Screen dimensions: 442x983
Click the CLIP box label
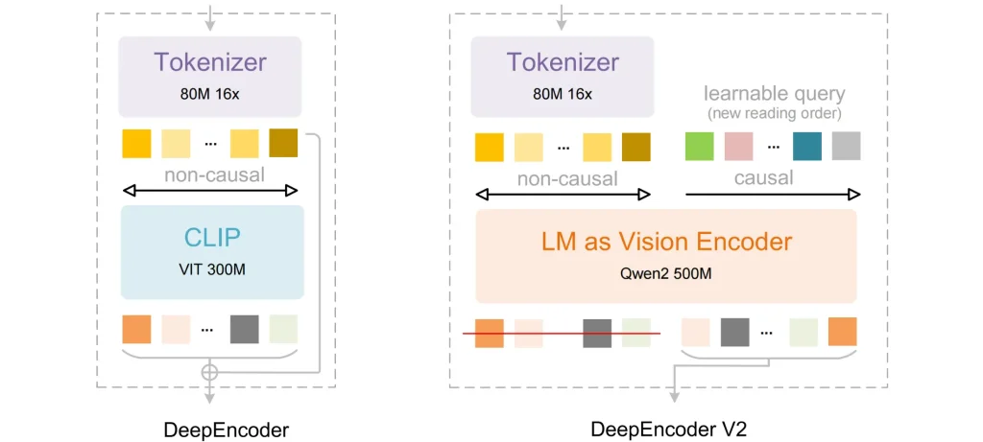pyautogui.click(x=212, y=237)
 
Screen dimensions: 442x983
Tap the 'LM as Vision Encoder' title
pyautogui.click(x=665, y=241)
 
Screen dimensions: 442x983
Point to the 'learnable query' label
pyautogui.click(x=773, y=94)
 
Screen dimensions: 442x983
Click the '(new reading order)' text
pyautogui.click(x=773, y=113)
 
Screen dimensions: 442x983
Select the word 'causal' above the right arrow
pyautogui.click(x=763, y=177)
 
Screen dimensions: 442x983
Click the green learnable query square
pyautogui.click(x=699, y=147)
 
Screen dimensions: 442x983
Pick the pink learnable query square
pyautogui.click(x=737, y=147)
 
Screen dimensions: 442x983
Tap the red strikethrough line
pyautogui.click(x=562, y=334)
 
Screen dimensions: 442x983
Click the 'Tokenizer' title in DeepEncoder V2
pyautogui.click(x=563, y=62)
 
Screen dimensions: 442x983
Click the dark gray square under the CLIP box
pyautogui.click(x=245, y=329)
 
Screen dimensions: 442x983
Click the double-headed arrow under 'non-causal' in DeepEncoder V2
pyautogui.click(x=563, y=195)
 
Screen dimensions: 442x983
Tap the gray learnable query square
pyautogui.click(x=845, y=147)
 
